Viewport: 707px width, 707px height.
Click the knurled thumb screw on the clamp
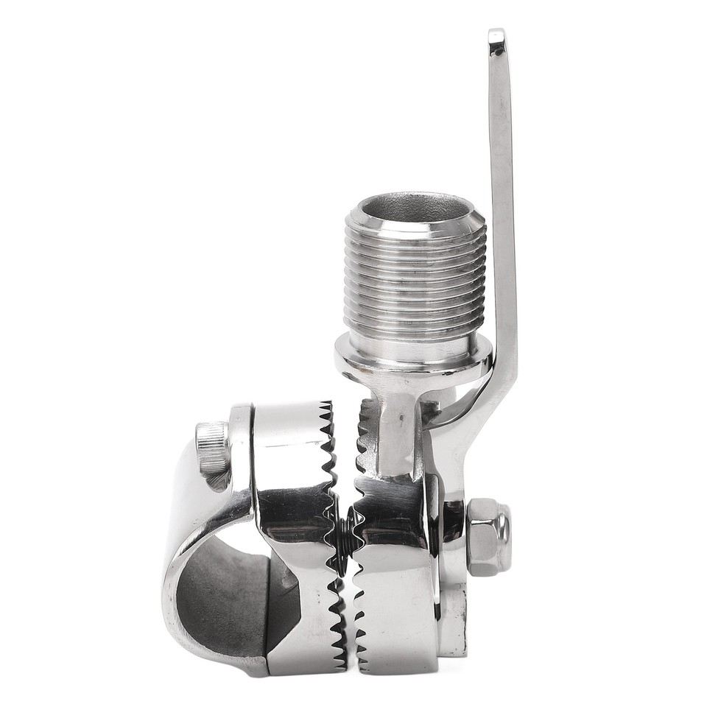pyautogui.click(x=212, y=447)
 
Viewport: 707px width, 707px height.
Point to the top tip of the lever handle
pyautogui.click(x=497, y=37)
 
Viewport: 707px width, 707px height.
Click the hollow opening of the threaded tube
pyautogui.click(x=415, y=206)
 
